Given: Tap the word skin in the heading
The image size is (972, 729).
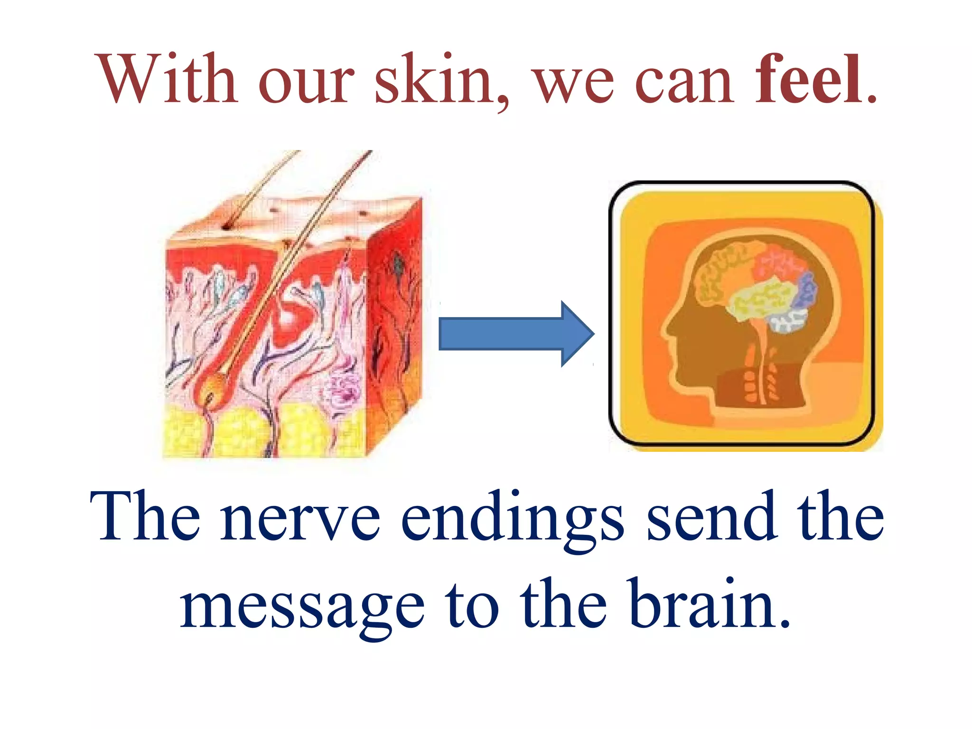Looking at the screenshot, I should [x=434, y=80].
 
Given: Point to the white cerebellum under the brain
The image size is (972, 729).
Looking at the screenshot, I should [x=788, y=320].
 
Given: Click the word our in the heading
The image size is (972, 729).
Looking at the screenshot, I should [x=307, y=81].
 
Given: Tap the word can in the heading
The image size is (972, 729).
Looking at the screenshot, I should [x=683, y=81].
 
